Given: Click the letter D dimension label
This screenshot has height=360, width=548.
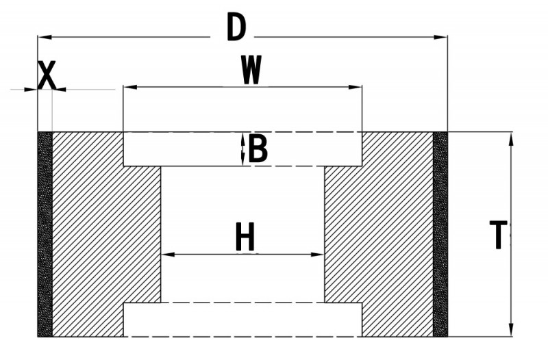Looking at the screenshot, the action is click(236, 27).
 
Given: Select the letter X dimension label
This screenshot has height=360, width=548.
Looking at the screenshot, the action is click(47, 75).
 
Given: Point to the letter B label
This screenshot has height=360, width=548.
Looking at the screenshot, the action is click(258, 149).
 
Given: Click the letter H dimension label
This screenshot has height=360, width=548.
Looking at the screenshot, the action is click(245, 237).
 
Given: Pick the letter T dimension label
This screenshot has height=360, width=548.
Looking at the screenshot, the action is click(498, 234).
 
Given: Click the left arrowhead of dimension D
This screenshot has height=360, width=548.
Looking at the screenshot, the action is click(45, 37).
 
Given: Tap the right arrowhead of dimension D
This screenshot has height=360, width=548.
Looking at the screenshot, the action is click(440, 37).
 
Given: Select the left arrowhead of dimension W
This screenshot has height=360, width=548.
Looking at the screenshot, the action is click(130, 87).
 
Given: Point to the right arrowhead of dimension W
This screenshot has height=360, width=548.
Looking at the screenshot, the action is click(355, 87).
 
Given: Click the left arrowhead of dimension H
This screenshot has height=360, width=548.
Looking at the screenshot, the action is click(168, 255).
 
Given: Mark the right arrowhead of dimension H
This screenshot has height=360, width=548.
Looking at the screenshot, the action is click(318, 255).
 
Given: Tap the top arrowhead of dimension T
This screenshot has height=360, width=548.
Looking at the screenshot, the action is click(511, 139).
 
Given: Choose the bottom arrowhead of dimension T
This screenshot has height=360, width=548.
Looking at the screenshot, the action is click(511, 330).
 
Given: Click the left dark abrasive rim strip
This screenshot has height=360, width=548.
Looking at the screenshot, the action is click(45, 234).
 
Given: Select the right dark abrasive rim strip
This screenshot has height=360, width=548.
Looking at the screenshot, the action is click(440, 234).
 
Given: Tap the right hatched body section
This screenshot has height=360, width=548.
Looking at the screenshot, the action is click(379, 234).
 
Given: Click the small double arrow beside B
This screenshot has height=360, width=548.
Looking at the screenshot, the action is click(243, 149).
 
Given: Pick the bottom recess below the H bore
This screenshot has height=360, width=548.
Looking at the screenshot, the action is click(242, 320).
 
